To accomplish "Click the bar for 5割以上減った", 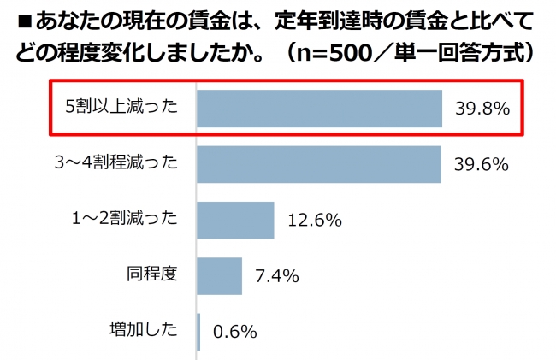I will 319,108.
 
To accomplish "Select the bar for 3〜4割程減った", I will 318,164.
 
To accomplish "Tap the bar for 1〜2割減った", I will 235,220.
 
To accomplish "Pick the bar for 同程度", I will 220,275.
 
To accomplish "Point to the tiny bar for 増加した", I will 198,331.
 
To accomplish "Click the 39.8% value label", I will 482,109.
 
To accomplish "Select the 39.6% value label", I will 482,164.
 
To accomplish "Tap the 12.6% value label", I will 315,221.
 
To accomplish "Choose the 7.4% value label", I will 276,276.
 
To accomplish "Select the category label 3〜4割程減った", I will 114,164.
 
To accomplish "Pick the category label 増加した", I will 143,331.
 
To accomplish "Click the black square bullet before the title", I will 17,20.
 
